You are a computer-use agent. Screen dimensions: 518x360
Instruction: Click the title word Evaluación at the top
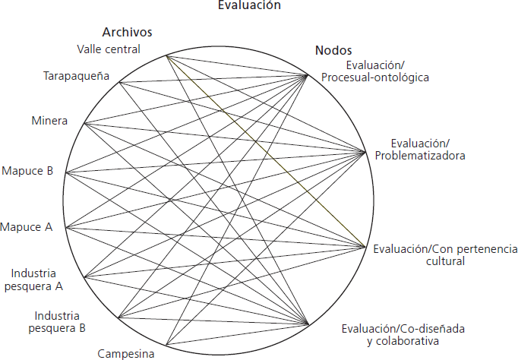249,5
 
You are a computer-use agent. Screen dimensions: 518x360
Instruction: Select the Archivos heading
128,32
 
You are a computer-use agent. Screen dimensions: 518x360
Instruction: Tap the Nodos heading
333,51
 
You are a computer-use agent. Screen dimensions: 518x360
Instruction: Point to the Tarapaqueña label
76,77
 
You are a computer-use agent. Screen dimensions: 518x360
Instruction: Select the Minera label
49,121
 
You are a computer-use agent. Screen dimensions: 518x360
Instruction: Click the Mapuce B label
27,171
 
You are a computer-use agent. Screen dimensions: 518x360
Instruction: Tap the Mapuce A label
27,227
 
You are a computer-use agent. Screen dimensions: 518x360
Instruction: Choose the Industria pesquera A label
36,279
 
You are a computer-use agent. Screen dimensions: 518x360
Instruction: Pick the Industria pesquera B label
60,322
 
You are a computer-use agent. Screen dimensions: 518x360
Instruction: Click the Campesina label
126,353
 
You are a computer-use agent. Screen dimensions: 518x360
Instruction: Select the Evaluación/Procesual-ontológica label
386,71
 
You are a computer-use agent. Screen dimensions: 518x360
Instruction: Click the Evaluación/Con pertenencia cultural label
444,254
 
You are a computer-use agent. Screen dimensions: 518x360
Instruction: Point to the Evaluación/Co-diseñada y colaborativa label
402,334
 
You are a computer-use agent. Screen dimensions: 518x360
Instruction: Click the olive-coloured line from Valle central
266,152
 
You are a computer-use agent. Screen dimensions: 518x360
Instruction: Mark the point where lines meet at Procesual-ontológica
308,74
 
